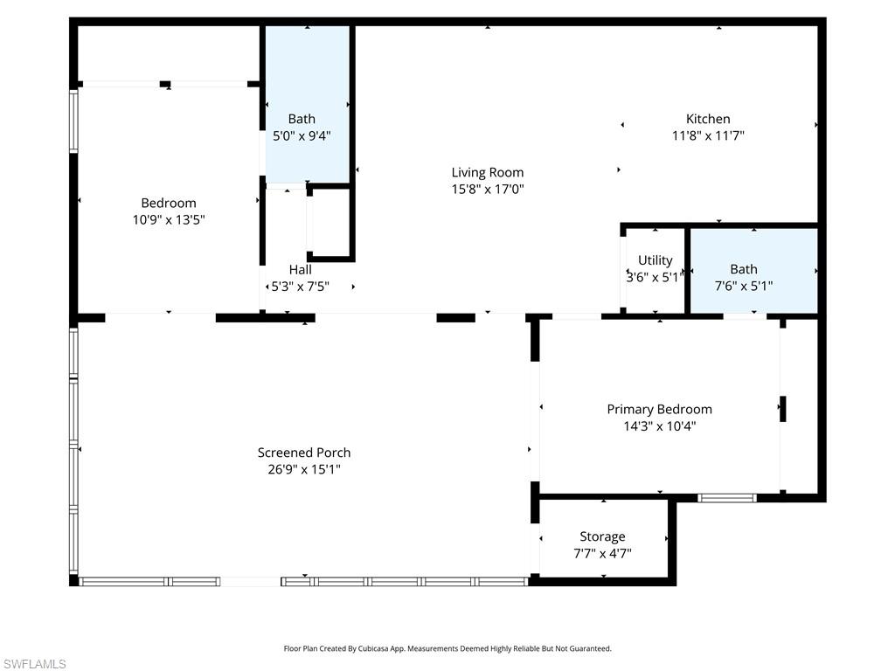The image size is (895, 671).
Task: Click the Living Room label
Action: pyautogui.click(x=487, y=172)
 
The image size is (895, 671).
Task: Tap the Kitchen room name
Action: pyautogui.click(x=707, y=119)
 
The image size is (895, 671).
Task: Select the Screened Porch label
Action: pyautogui.click(x=303, y=453)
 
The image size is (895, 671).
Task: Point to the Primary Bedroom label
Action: pyautogui.click(x=659, y=409)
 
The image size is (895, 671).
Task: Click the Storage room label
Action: pyautogui.click(x=602, y=536)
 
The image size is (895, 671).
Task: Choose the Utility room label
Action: pyautogui.click(x=655, y=259)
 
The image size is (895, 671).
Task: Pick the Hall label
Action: pyautogui.click(x=300, y=269)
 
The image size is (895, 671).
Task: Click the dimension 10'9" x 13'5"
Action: pyautogui.click(x=169, y=220)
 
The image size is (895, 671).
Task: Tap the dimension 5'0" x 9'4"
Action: pyautogui.click(x=302, y=135)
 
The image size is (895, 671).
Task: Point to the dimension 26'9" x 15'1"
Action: pyautogui.click(x=303, y=469)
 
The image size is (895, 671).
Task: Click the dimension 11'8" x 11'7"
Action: pyautogui.click(x=707, y=135)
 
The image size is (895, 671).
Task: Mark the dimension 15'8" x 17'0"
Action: pyautogui.click(x=487, y=189)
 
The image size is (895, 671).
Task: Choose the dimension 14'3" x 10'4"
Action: pyautogui.click(x=659, y=426)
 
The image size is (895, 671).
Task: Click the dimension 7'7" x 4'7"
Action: pyautogui.click(x=602, y=553)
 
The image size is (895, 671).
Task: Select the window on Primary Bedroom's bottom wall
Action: pyautogui.click(x=726, y=498)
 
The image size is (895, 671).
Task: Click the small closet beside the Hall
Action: pyautogui.click(x=330, y=223)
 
